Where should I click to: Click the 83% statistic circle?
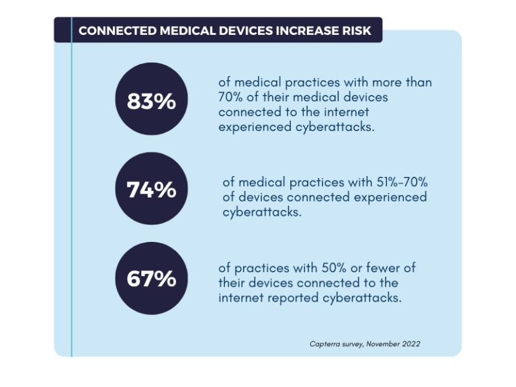[x=152, y=101]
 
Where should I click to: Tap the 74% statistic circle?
[x=152, y=189]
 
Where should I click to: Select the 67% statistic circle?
[x=152, y=277]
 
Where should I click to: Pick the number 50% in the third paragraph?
[x=325, y=268]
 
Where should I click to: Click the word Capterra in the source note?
[x=325, y=344]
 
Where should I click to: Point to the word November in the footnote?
[x=378, y=344]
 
